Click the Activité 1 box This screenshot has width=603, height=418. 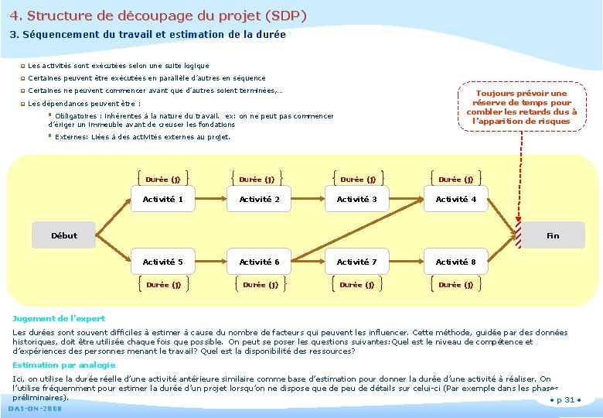coord(163,200)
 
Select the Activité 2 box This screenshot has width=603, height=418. coord(259,200)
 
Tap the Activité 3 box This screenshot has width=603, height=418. coord(356,200)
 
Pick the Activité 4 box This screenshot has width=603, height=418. coord(456,200)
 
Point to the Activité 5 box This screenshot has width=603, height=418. coord(163,262)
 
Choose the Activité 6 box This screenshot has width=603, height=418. coord(259,262)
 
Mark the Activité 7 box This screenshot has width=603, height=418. coord(356,262)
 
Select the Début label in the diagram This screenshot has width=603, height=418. coord(64,235)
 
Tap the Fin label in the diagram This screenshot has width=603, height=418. coord(553,235)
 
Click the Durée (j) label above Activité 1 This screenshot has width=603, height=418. coord(163,180)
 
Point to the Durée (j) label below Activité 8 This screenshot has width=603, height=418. coord(456,285)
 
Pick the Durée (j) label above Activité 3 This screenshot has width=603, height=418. coord(358,180)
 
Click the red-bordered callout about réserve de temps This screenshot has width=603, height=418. coord(521,107)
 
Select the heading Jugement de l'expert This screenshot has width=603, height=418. coord(59,318)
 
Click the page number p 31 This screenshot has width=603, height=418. coord(566,400)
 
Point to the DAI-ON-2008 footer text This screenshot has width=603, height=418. coord(35,409)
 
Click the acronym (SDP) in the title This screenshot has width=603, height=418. coord(285,15)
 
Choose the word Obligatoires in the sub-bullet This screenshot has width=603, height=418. coord(75,116)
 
